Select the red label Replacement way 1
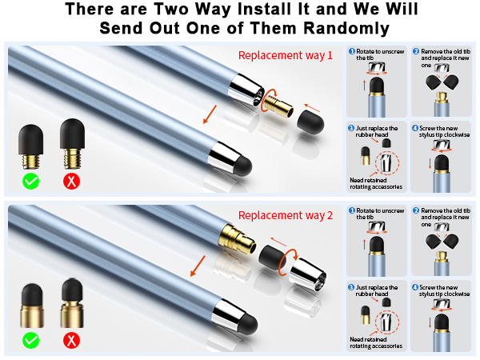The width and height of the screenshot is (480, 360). [x=285, y=55]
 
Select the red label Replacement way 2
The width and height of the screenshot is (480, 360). [x=285, y=215]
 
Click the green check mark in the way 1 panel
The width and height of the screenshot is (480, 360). [x=31, y=181]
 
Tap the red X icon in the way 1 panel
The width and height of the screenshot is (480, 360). [x=71, y=181]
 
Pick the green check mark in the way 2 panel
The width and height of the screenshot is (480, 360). [x=31, y=341]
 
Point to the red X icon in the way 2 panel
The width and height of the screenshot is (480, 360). [x=71, y=341]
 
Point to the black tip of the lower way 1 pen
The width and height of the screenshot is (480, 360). [x=242, y=166]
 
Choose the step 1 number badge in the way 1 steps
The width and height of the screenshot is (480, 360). [x=353, y=51]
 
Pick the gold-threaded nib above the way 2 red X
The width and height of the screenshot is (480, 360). [x=71, y=305]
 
